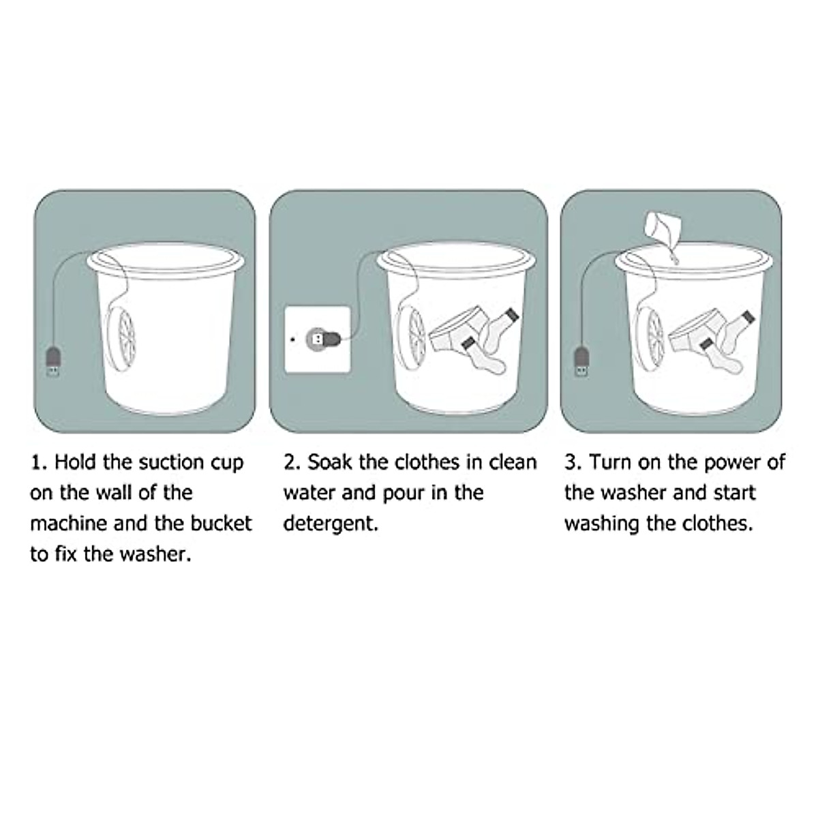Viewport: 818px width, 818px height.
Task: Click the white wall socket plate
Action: pos(318,339)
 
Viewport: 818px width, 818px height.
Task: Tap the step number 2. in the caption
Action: pos(292,463)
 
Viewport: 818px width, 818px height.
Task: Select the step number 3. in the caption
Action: pos(573,463)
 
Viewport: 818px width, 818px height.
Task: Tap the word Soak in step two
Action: pos(330,463)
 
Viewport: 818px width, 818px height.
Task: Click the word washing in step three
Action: pos(601,524)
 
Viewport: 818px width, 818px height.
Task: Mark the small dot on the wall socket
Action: pos(292,338)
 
